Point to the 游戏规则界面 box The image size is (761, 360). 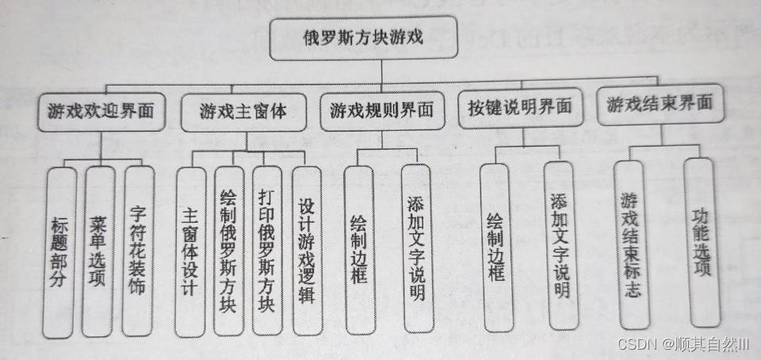click(x=382, y=113)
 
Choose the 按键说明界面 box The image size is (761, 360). click(x=522, y=107)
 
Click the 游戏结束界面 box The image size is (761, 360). click(x=660, y=105)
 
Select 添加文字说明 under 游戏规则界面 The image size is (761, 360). click(x=416, y=248)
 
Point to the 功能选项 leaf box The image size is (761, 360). click(x=702, y=241)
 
